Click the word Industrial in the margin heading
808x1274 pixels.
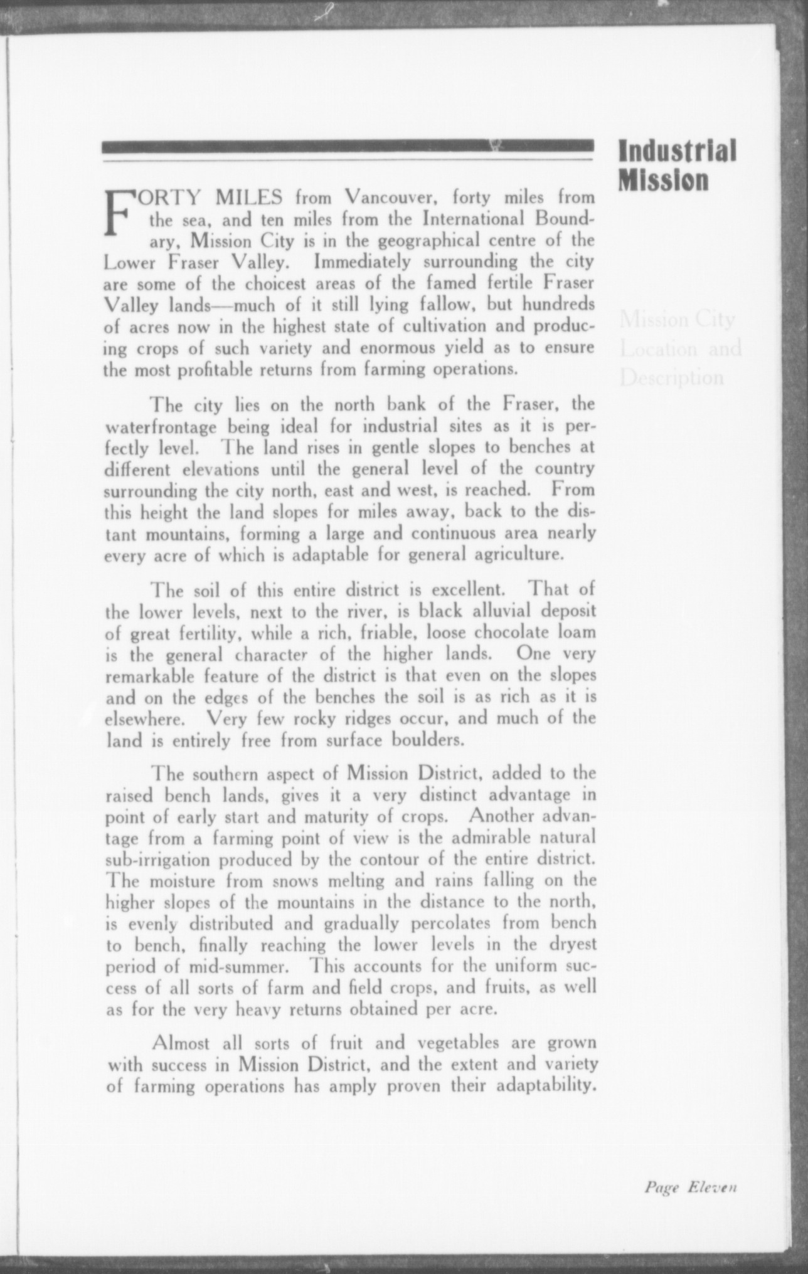[x=676, y=151]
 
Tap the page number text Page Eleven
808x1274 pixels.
[x=689, y=1186]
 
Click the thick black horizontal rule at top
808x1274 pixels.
[x=347, y=146]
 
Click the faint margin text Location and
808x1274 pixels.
[x=681, y=348]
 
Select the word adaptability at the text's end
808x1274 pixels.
[x=545, y=1085]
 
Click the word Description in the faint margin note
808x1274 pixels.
[x=672, y=377]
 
